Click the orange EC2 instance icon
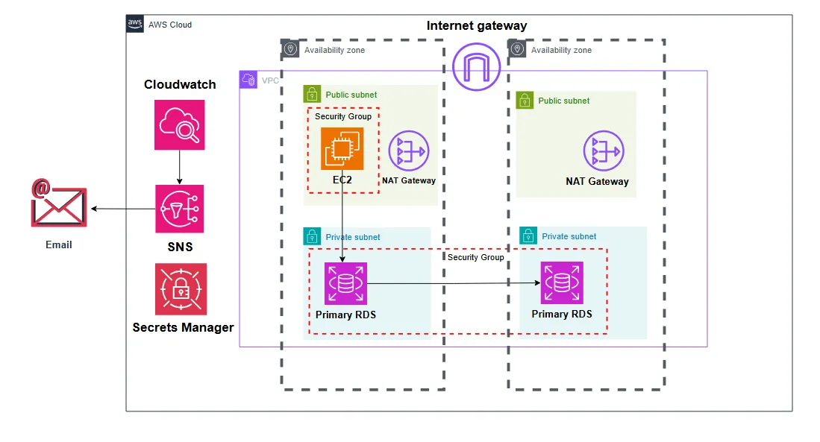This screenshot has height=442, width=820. pos(342,149)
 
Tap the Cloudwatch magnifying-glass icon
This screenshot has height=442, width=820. pos(180,124)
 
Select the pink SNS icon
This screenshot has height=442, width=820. pos(180,209)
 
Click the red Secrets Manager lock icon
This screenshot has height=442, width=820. pos(181,288)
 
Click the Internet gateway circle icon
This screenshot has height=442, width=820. pos(475,66)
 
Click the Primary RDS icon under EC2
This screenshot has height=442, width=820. pos(345,283)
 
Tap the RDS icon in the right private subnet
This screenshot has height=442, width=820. pos(562,282)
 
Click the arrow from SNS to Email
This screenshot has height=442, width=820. pos(122,209)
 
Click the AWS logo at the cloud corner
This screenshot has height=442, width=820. pos(135,24)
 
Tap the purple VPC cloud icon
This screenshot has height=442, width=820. pos(248,80)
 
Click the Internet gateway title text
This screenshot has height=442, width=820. pos(477,26)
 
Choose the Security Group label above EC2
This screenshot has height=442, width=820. pos(343,116)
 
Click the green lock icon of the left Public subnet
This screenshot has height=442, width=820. pos(312,94)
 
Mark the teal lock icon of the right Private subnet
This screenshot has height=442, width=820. pos(528,236)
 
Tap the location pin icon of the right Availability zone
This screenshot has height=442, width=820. pos(517,49)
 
